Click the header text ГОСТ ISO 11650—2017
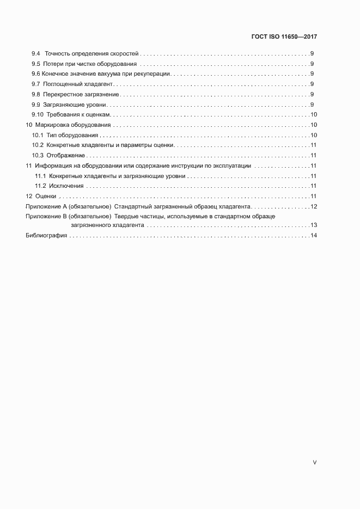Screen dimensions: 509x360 tap(285, 36)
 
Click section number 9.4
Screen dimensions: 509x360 tap(36, 54)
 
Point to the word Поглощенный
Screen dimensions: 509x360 tap(65, 84)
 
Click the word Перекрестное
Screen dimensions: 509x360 tap(65, 95)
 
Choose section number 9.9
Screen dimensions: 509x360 tap(36, 105)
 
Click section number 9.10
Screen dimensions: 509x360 tap(37, 115)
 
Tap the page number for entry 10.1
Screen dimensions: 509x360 tap(314, 135)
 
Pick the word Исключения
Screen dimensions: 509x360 tap(66, 186)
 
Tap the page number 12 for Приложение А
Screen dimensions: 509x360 tap(314, 206)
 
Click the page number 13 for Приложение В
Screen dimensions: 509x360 tap(314, 225)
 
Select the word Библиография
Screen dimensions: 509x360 tap(46, 236)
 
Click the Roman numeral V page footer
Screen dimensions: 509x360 tap(314, 463)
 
